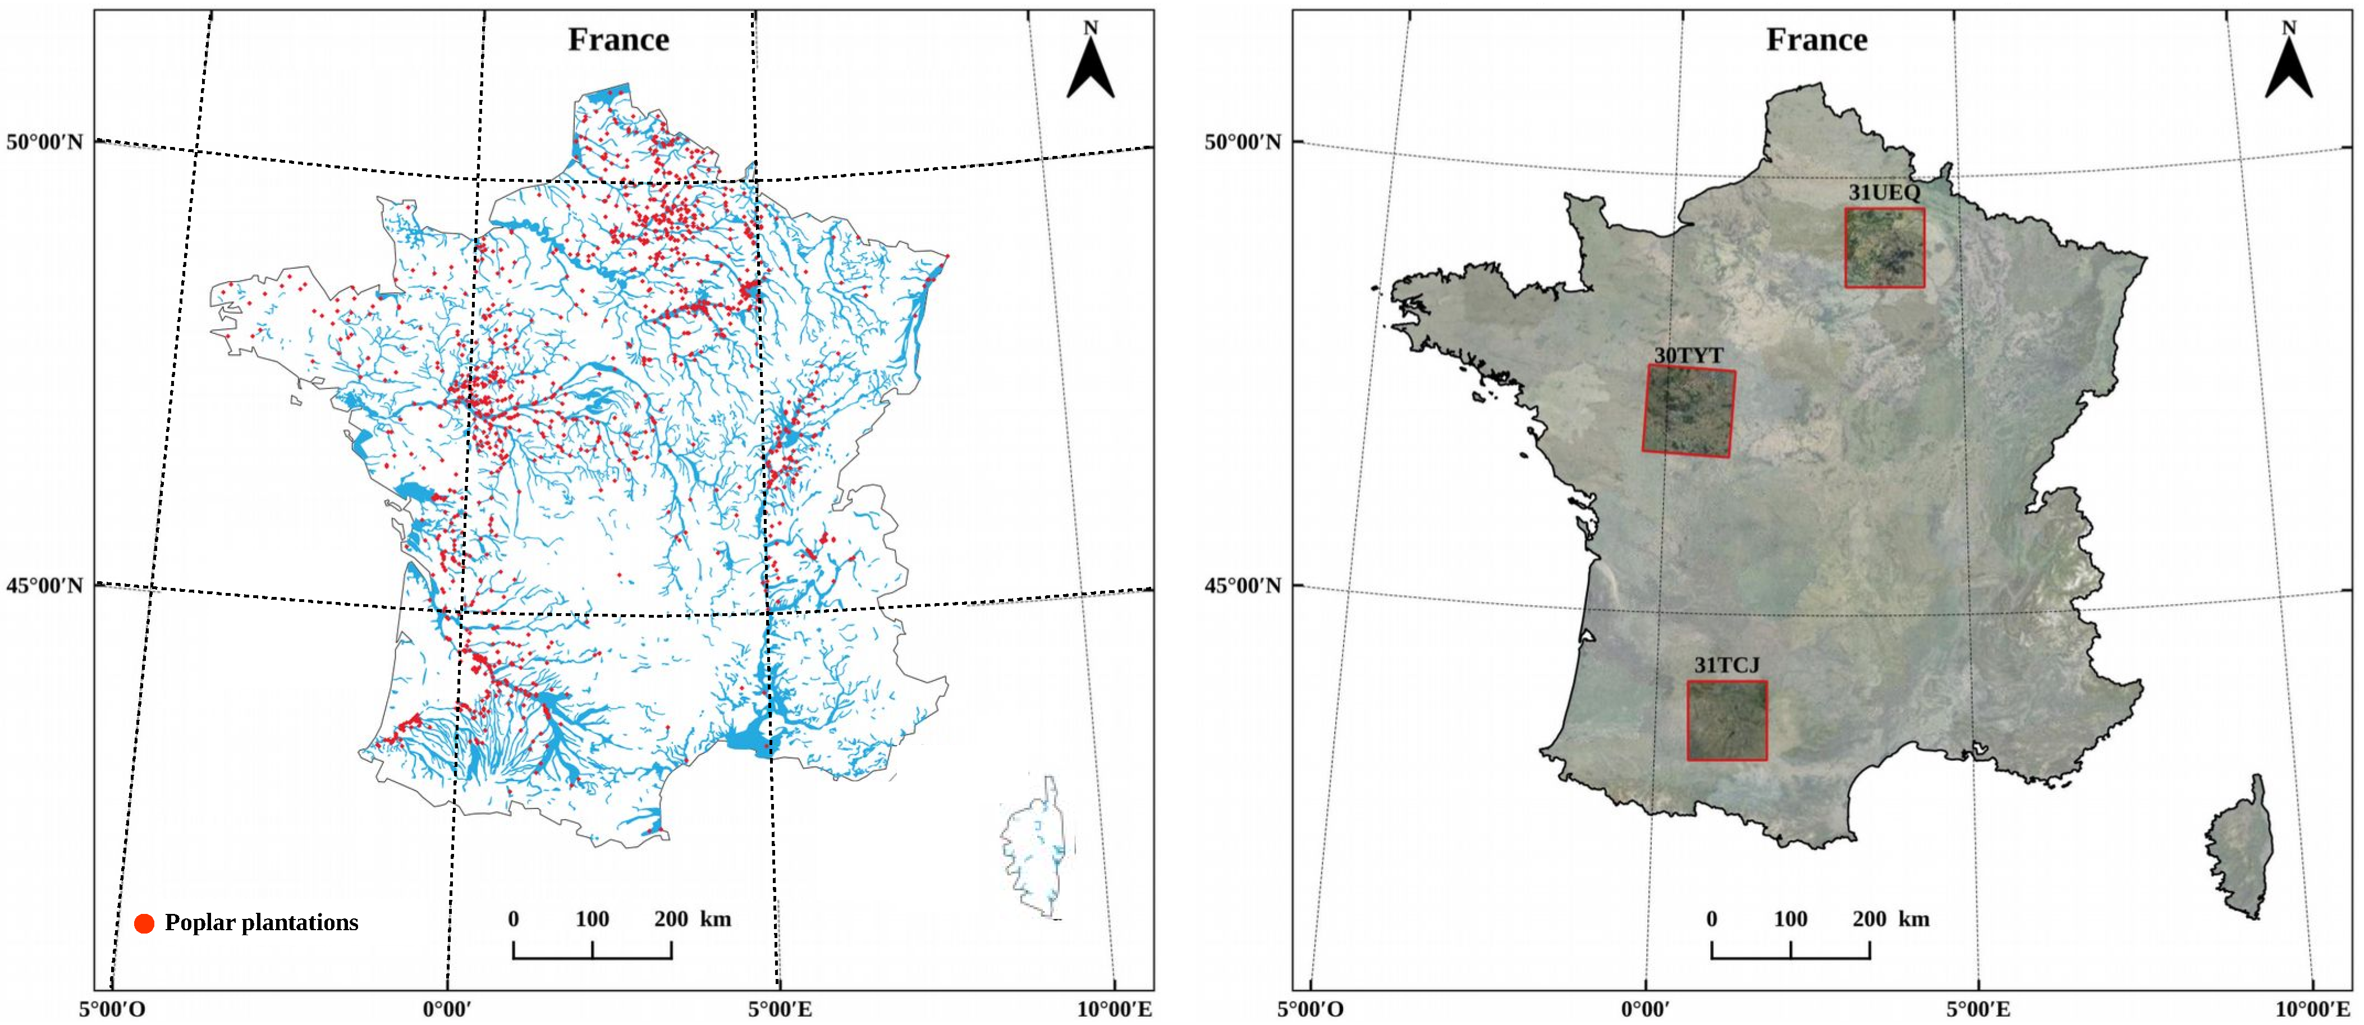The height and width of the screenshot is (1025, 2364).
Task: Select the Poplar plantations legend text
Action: pos(262,922)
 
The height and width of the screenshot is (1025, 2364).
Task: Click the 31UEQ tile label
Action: pos(1884,192)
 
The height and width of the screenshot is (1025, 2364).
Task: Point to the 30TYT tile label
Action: pos(1689,355)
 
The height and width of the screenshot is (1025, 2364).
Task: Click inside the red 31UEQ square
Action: pos(1884,248)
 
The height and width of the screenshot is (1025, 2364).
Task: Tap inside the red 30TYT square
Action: pos(1689,411)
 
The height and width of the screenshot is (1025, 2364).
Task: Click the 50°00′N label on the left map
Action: pos(44,143)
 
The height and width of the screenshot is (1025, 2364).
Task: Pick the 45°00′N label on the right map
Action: pos(1243,586)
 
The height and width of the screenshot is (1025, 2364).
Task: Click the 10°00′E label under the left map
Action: pos(1114,1009)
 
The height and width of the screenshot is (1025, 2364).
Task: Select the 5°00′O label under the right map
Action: pos(1311,1009)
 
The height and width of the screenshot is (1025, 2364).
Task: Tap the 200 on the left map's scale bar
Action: pos(671,918)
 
